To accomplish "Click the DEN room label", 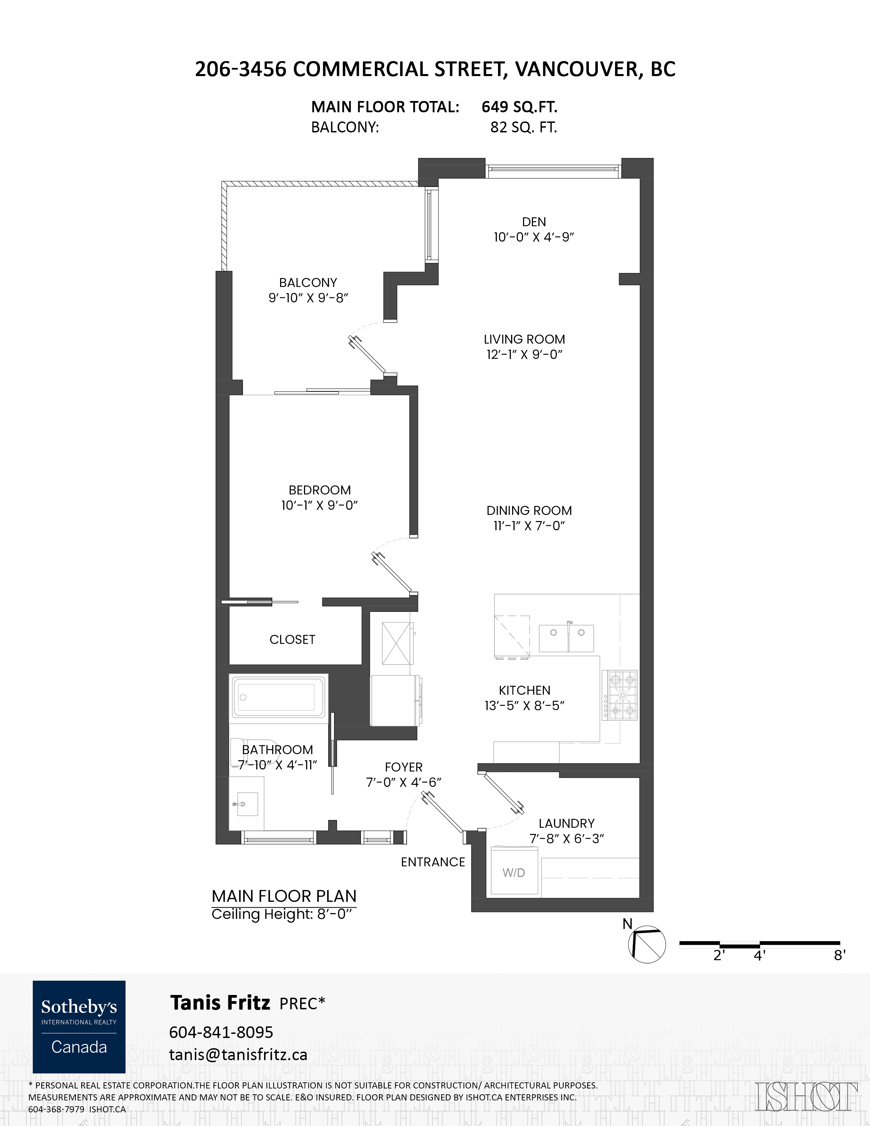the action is (x=534, y=222).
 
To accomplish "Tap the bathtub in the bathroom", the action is (x=279, y=696).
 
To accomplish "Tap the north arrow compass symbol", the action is (x=647, y=944).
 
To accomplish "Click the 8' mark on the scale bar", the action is (x=840, y=955).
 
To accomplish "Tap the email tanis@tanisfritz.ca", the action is (x=238, y=1054).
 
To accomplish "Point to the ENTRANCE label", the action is (x=433, y=862).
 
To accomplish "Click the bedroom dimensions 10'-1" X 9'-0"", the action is (x=320, y=505).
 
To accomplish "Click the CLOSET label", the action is (x=292, y=639).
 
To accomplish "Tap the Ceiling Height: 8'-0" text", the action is (x=284, y=914).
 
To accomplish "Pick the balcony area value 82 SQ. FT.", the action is (x=524, y=127).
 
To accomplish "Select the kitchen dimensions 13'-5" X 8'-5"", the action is (x=525, y=705).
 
